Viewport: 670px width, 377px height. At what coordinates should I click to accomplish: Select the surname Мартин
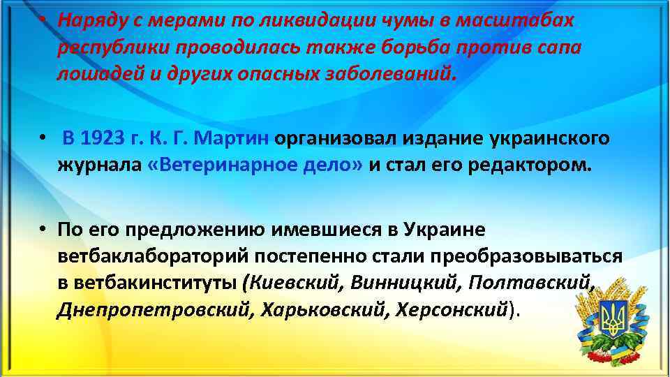pyautogui.click(x=234, y=138)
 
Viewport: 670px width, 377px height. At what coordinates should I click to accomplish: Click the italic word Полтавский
pyautogui.click(x=535, y=285)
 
